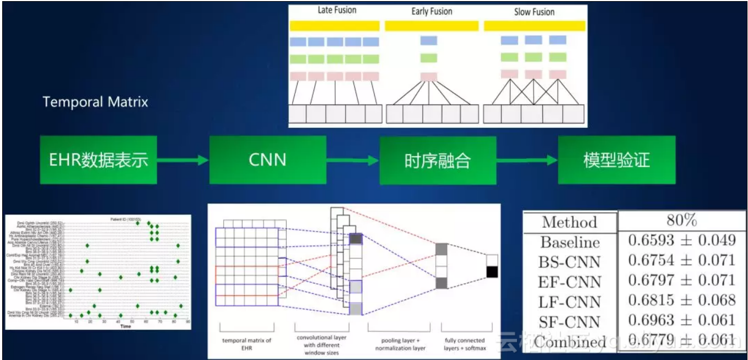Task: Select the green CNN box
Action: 267,160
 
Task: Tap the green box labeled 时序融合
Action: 437,160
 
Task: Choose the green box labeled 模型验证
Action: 616,160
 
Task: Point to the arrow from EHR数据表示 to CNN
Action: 183,160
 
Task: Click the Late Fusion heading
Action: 337,10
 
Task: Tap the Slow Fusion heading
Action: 534,12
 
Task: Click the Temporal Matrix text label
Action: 95,102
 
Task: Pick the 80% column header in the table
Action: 682,221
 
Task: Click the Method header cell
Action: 569,222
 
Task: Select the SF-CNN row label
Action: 569,321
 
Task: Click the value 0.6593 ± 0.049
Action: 682,240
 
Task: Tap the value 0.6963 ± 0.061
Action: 682,320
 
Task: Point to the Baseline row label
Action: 569,242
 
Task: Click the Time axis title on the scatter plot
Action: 126,326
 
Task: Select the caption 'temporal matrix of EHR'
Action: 247,344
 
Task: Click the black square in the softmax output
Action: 492,272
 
